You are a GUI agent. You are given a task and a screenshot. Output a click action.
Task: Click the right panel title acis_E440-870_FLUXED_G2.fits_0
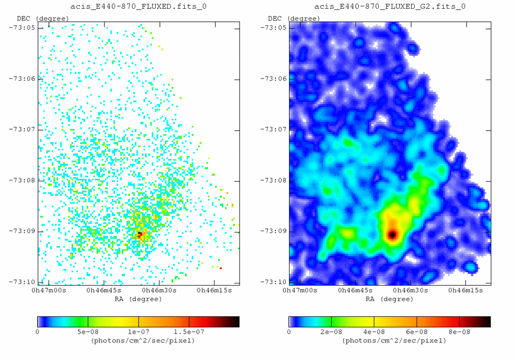coord(390,7)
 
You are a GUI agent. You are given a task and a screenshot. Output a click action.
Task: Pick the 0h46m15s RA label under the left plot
coord(213,291)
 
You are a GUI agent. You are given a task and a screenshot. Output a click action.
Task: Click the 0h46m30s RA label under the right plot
coord(410,291)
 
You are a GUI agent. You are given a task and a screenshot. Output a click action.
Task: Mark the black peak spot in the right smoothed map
coord(392,234)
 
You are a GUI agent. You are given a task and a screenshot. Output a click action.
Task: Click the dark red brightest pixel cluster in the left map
coord(140,234)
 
